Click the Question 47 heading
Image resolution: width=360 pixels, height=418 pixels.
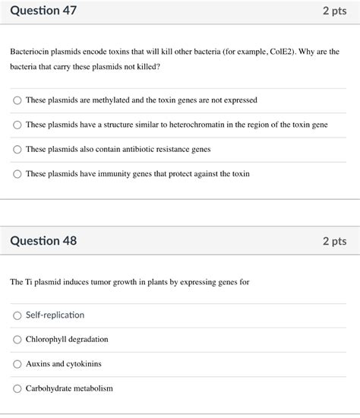click(x=43, y=11)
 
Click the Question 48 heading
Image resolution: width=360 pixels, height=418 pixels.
click(x=43, y=241)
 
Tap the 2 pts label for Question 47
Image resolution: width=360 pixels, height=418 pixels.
click(x=334, y=11)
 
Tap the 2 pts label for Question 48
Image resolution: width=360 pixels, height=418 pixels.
click(x=334, y=241)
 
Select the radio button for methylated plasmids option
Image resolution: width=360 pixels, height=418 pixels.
click(x=17, y=100)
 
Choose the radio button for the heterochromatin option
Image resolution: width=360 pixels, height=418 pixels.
click(x=17, y=125)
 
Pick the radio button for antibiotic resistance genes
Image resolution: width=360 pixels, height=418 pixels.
click(x=17, y=149)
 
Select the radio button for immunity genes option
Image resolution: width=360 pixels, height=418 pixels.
click(x=17, y=174)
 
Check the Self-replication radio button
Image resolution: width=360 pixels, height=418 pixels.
click(x=17, y=315)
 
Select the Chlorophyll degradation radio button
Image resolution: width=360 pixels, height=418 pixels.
click(x=17, y=340)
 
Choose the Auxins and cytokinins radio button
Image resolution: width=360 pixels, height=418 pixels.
click(x=17, y=364)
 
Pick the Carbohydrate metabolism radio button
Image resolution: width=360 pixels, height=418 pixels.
click(x=17, y=388)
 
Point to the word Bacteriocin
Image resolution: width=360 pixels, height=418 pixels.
click(x=30, y=51)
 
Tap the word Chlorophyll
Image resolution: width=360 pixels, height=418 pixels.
click(x=46, y=340)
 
